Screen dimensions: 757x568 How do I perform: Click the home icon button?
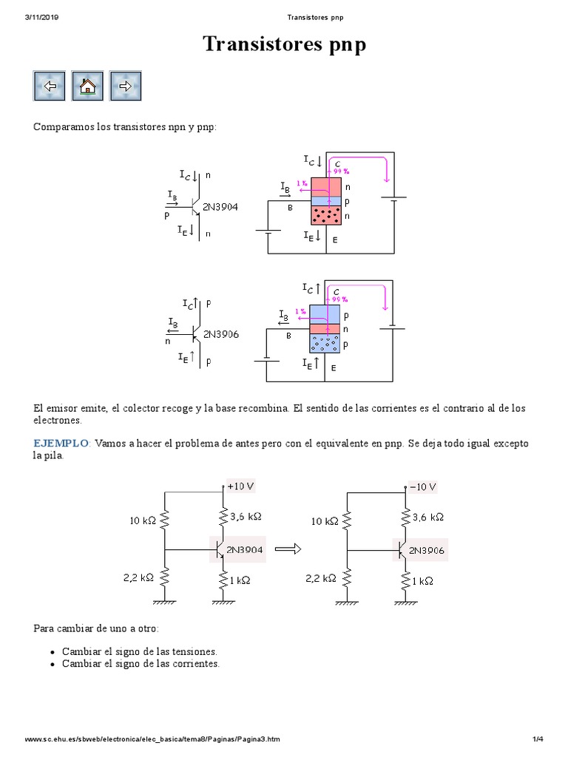(x=87, y=86)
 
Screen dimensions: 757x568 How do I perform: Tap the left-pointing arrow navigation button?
(x=50, y=86)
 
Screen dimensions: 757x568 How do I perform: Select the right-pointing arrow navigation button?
(x=125, y=86)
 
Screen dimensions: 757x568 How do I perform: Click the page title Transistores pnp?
(x=284, y=46)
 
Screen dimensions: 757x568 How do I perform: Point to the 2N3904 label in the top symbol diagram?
(x=220, y=207)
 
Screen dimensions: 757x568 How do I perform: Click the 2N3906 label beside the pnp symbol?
(x=220, y=334)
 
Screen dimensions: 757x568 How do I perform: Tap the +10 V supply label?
(x=241, y=486)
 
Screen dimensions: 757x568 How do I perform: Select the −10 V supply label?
(x=423, y=486)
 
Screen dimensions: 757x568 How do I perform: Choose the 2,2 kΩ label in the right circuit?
(x=320, y=579)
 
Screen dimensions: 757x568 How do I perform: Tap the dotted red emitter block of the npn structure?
(x=325, y=214)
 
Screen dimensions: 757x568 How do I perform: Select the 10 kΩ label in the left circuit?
(x=143, y=521)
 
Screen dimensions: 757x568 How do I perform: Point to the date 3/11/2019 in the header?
(x=41, y=18)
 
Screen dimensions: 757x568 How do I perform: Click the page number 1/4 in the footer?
(x=538, y=739)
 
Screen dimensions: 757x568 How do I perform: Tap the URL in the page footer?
(x=152, y=739)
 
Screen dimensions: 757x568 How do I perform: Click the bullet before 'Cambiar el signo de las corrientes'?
(x=53, y=665)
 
